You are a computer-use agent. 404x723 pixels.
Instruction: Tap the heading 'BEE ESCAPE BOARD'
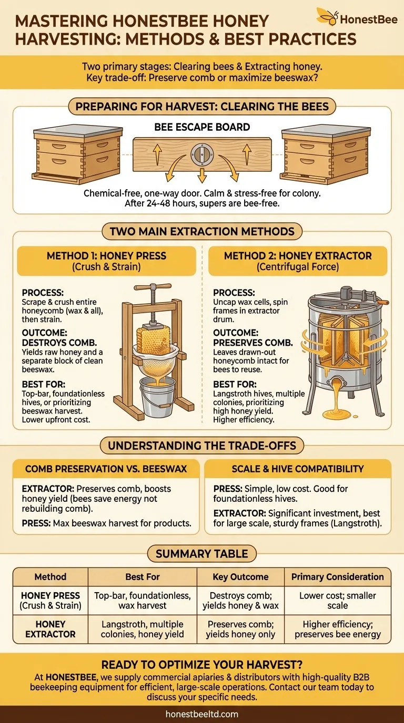pos(202,127)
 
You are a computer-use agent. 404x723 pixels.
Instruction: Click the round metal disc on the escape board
pos(202,154)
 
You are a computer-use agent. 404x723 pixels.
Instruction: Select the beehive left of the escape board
pos(77,153)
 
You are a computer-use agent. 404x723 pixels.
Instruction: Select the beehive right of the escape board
pos(325,153)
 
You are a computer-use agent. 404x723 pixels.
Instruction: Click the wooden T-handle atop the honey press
pos(152,288)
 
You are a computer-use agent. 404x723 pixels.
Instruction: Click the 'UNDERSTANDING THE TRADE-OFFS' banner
pos(202,446)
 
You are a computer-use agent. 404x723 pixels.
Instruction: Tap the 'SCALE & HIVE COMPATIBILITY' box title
pos(298,469)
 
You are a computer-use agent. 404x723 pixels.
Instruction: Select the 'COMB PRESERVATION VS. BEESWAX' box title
pos(106,469)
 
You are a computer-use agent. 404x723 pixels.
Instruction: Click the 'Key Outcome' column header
pos(240,576)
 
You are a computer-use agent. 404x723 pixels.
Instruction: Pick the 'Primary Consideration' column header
pos(337,576)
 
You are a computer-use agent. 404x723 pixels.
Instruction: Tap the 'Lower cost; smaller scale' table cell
pos(337,600)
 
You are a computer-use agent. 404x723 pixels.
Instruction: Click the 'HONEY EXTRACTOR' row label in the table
pos(50,629)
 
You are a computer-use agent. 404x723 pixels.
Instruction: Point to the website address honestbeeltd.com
pos(202,714)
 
